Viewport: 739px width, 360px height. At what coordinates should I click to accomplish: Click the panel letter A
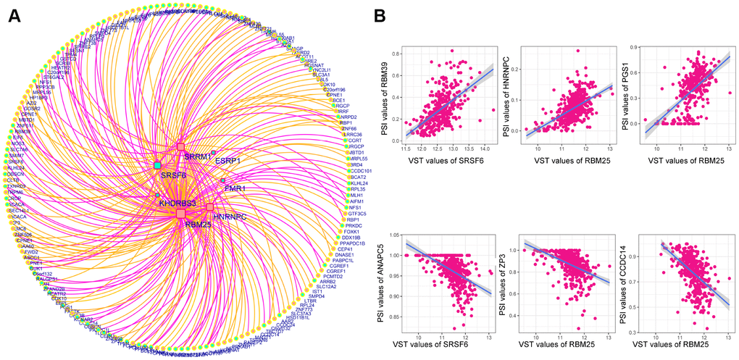pos(13,15)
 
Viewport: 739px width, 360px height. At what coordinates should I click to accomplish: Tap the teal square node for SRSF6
pos(157,166)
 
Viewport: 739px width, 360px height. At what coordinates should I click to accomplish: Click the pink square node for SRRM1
pos(180,147)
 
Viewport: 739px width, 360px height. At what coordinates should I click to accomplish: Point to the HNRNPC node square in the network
pos(210,208)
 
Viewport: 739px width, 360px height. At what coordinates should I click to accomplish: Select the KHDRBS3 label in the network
pos(178,204)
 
